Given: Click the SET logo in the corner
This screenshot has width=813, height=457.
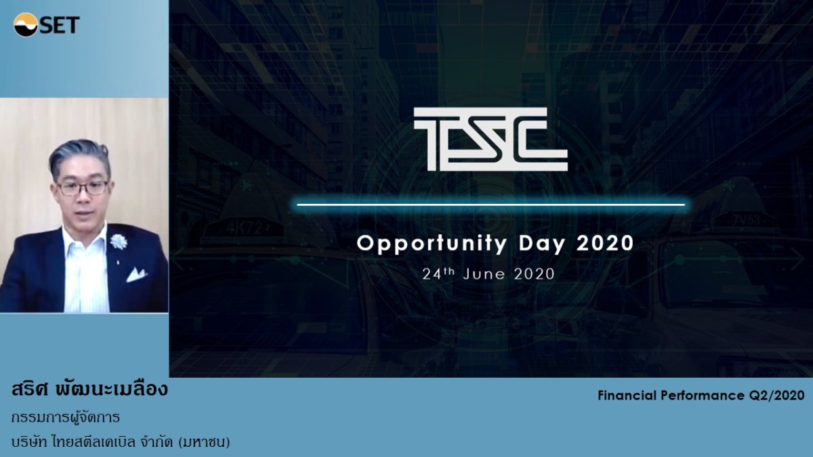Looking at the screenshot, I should click(x=46, y=25).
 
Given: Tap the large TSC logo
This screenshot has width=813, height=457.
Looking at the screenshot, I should click(x=491, y=139).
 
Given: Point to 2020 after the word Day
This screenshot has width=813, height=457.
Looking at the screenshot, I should click(x=605, y=244).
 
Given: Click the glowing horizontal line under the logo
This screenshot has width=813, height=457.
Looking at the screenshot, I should click(x=491, y=204).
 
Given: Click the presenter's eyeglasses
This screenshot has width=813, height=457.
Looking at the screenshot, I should click(x=82, y=187).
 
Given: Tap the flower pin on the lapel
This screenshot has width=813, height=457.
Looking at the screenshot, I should click(x=119, y=240).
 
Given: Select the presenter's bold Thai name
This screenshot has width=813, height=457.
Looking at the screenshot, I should click(x=89, y=391).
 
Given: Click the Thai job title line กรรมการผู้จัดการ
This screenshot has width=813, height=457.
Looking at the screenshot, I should click(x=66, y=417).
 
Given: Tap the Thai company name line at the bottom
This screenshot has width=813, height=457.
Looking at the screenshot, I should click(x=121, y=442).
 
